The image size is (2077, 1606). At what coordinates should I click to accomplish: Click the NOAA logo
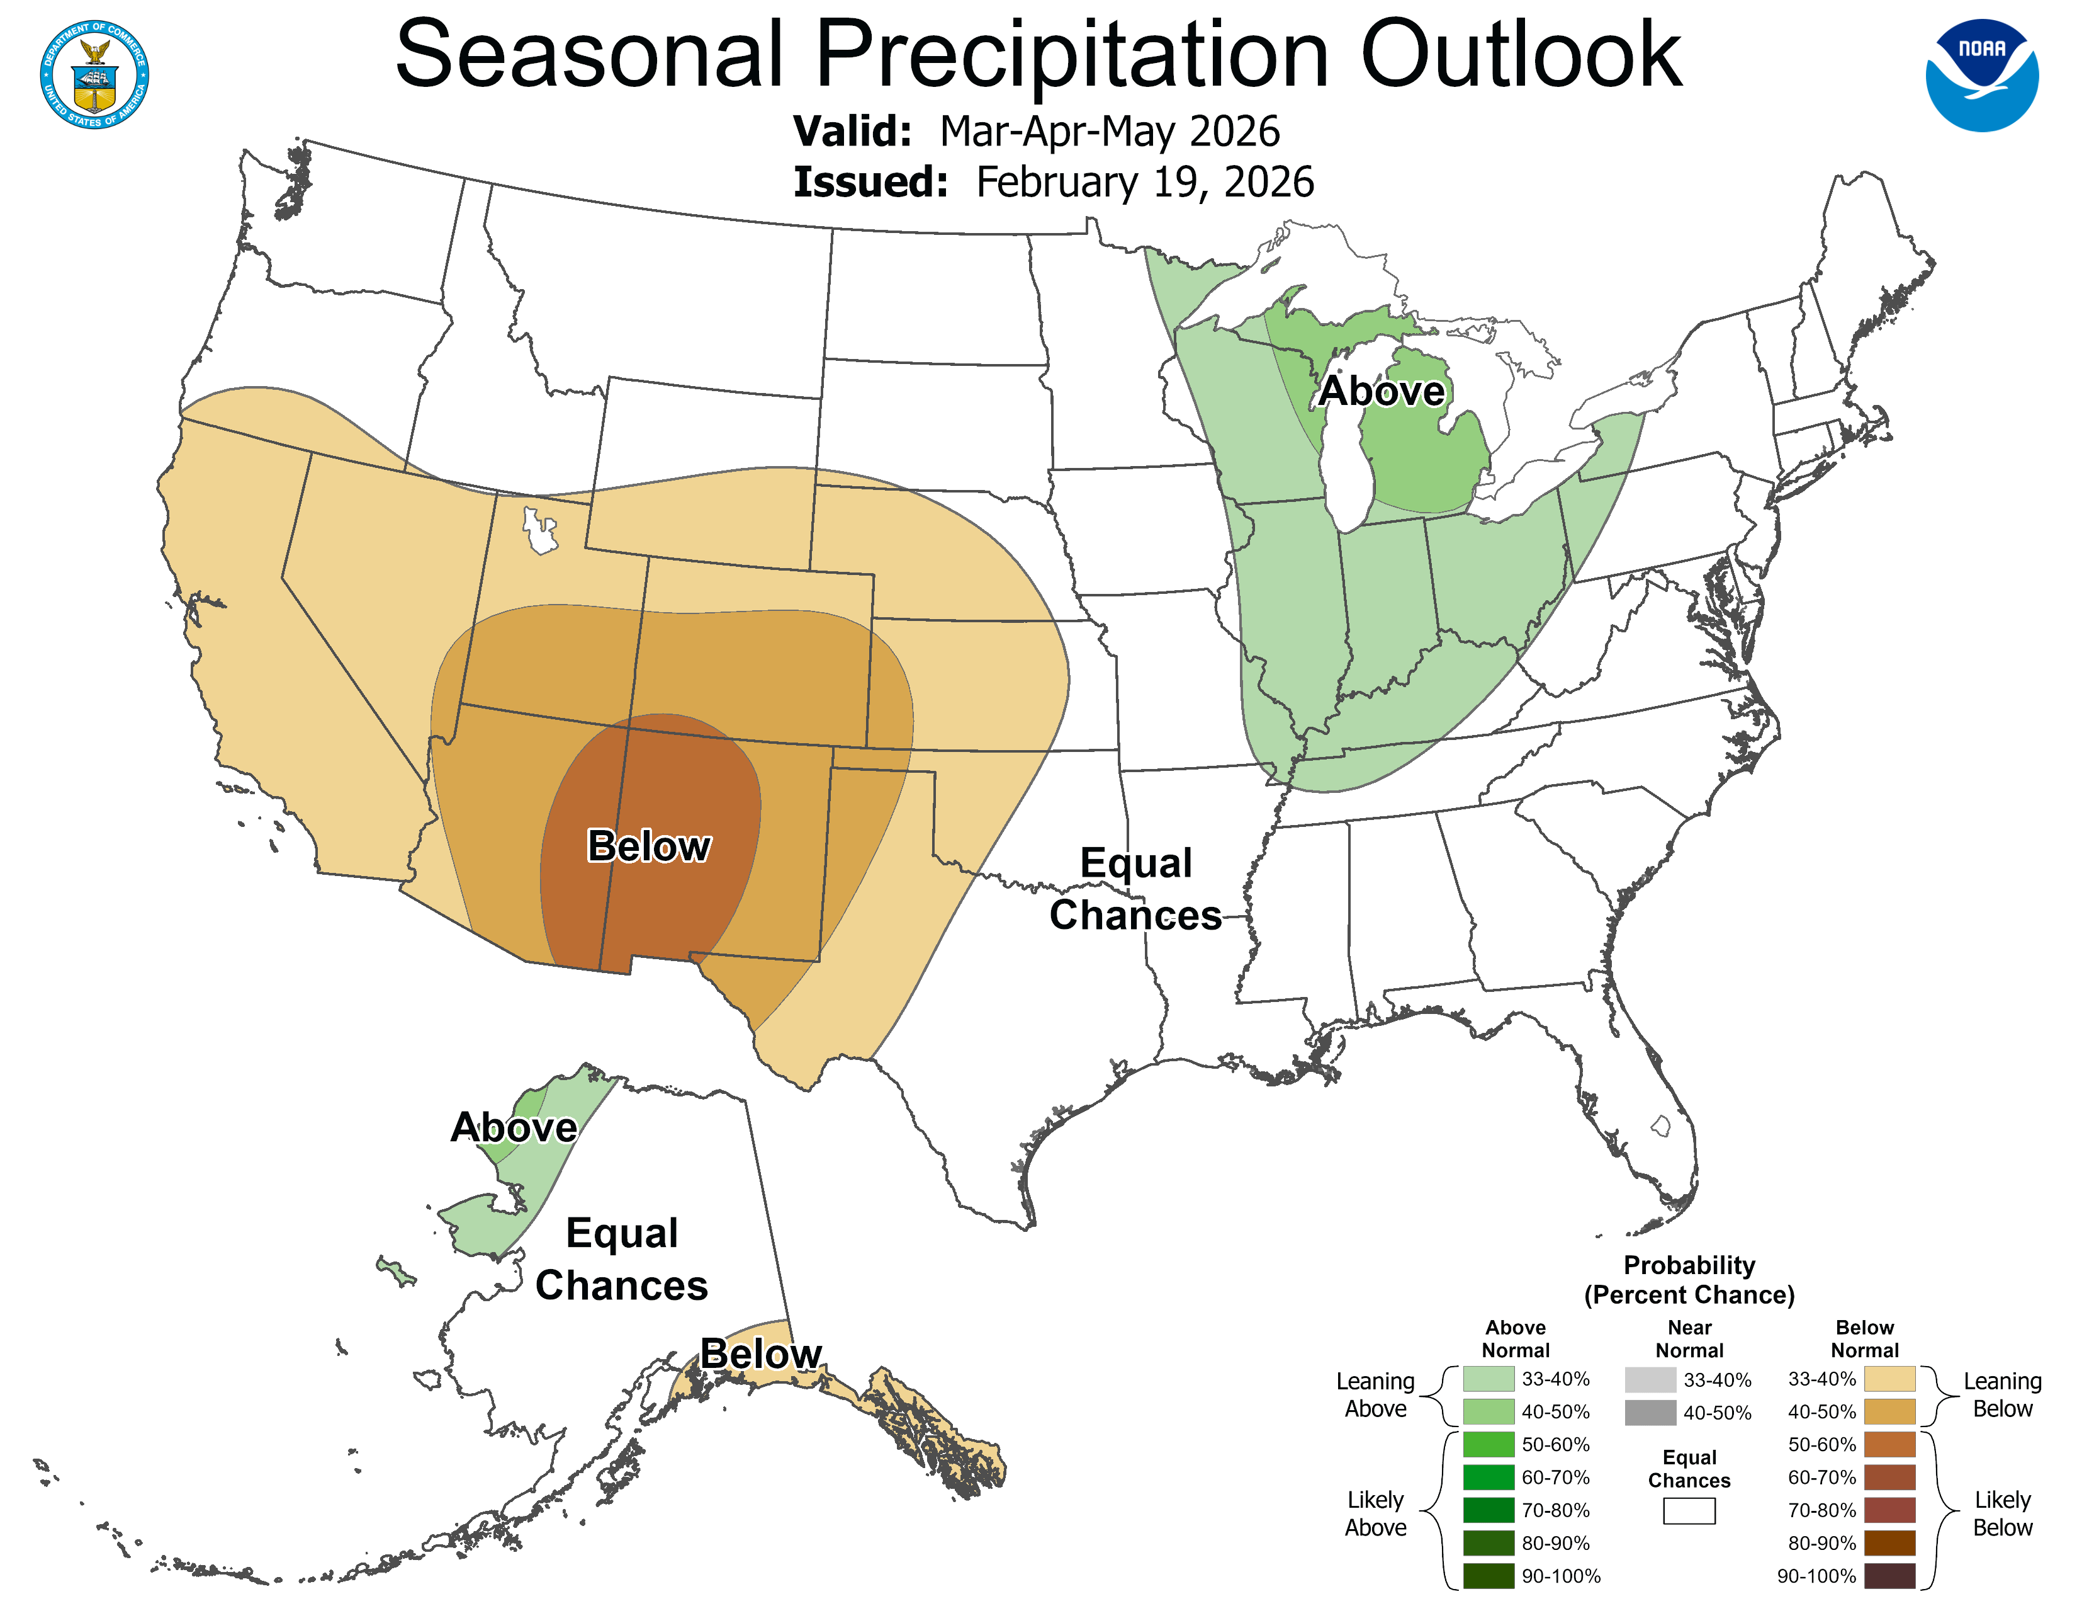[1982, 75]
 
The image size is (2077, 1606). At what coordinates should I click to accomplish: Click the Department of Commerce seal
[94, 74]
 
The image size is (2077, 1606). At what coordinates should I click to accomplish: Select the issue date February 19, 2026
[1145, 182]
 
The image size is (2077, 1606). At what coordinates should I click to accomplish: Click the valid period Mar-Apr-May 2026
[1110, 131]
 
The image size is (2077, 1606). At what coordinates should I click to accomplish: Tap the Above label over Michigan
[1381, 391]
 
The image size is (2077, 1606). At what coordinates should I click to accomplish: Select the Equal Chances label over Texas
[1135, 889]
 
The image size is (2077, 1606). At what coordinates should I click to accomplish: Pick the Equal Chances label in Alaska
[621, 1259]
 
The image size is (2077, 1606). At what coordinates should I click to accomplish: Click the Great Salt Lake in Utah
[539, 531]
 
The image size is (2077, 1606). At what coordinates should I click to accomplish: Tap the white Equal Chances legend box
[1689, 1511]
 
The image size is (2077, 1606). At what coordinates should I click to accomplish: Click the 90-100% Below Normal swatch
[1889, 1576]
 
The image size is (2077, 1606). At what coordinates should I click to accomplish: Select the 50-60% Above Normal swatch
[1489, 1444]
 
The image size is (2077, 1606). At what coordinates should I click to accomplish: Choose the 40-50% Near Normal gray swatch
[1650, 1413]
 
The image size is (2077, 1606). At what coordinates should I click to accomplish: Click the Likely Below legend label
[2002, 1513]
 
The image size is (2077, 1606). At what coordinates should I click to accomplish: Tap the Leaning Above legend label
[1375, 1395]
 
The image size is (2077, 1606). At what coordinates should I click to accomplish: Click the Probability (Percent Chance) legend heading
[1689, 1280]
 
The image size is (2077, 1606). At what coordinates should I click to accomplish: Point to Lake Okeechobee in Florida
[1660, 1127]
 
